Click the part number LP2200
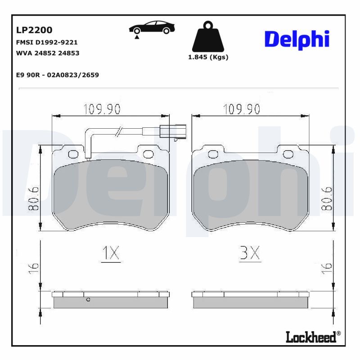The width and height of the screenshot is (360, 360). [x=34, y=30]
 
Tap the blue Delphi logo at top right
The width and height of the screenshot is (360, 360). [x=297, y=40]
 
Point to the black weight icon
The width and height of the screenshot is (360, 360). [x=208, y=36]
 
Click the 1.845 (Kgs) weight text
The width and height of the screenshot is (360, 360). [x=208, y=57]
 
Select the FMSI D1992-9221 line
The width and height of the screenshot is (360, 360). [x=47, y=42]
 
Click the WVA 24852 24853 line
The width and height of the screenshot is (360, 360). [x=48, y=53]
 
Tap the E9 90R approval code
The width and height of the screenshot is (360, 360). [x=57, y=75]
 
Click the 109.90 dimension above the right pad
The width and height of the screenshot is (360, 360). [x=242, y=109]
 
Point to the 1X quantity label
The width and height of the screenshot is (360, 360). [x=110, y=254]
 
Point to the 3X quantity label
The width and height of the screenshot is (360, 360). [x=250, y=254]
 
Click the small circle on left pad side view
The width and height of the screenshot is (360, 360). [x=88, y=299]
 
